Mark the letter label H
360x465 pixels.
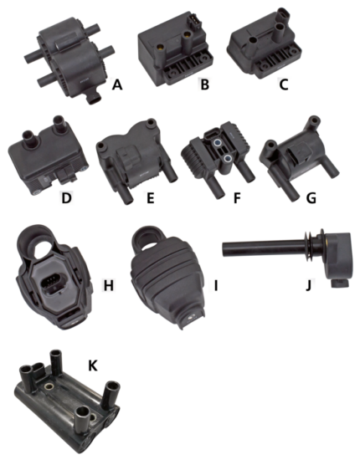(107, 286)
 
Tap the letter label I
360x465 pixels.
(216, 286)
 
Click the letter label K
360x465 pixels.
(94, 365)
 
